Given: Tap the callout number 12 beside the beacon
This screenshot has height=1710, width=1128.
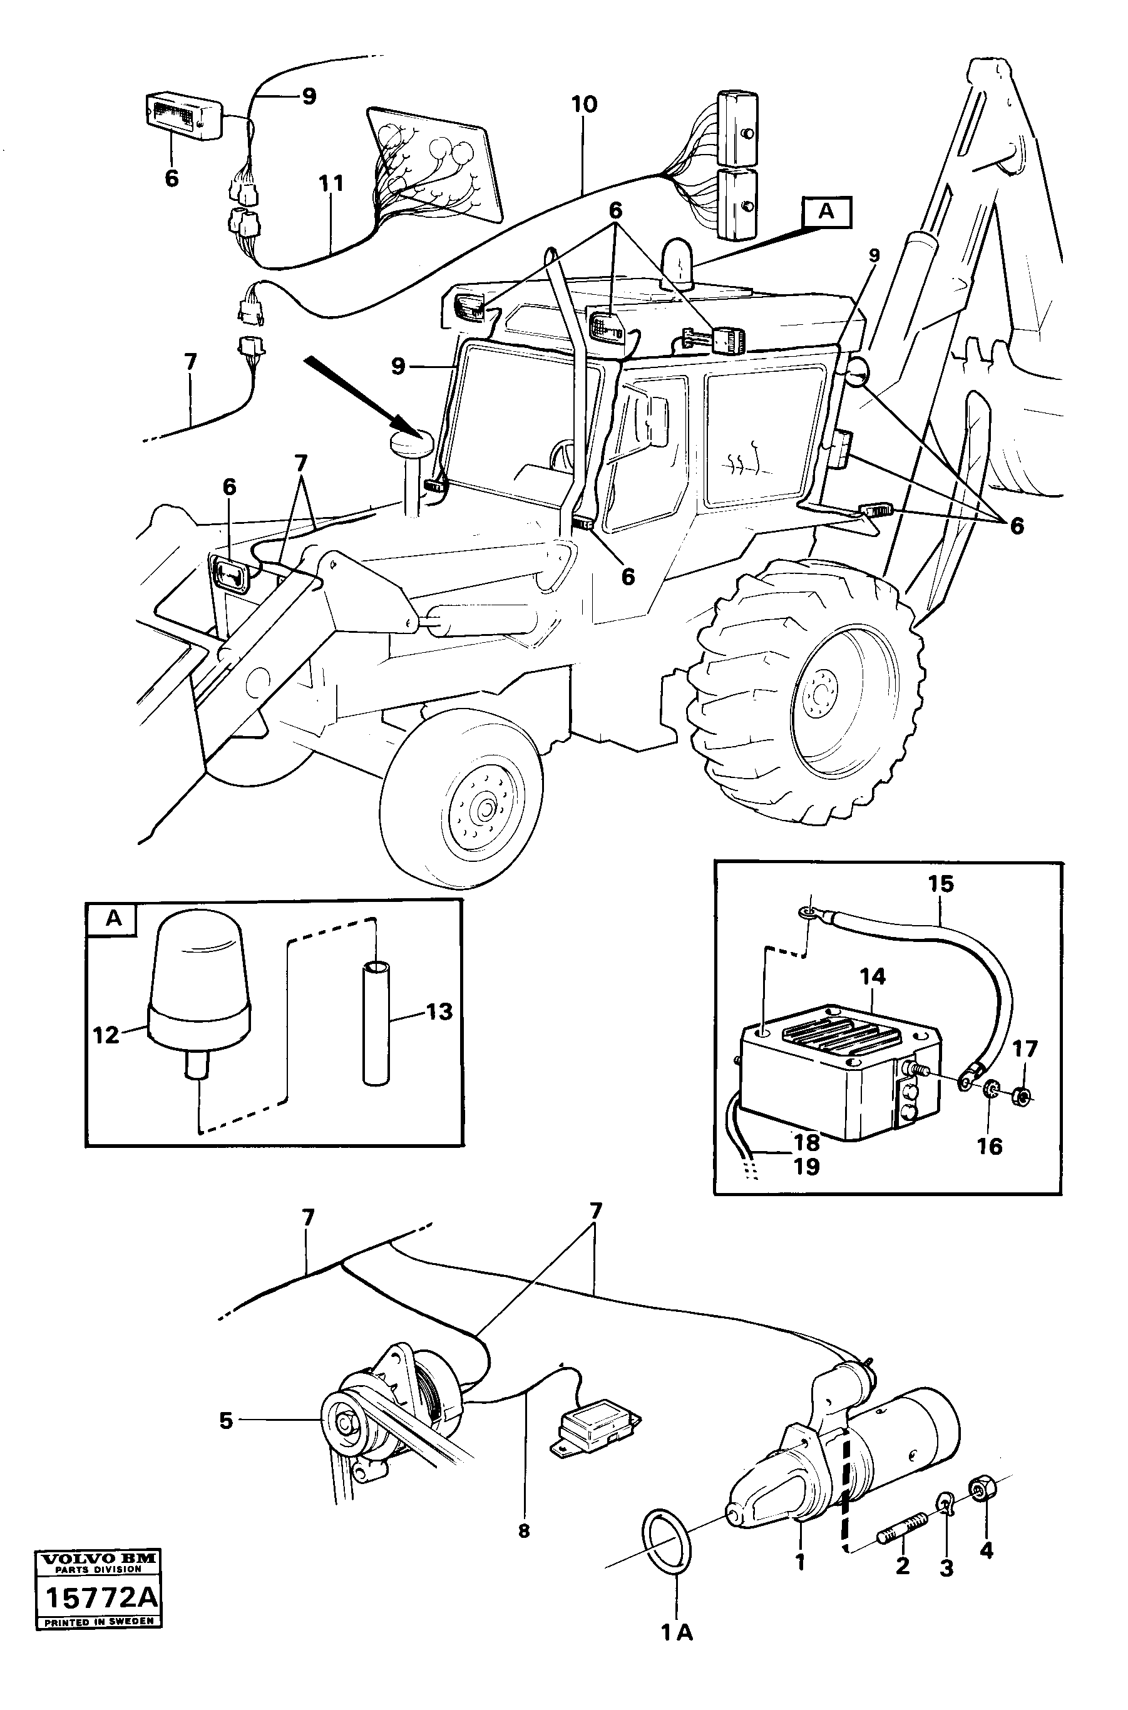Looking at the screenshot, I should (105, 1035).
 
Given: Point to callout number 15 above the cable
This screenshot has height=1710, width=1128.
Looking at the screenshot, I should (940, 884).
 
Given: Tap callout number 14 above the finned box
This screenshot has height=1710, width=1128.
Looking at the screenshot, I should (872, 977).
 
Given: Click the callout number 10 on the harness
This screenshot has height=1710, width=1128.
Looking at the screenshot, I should (584, 105).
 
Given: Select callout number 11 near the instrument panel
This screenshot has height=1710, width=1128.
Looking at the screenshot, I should (331, 184).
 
